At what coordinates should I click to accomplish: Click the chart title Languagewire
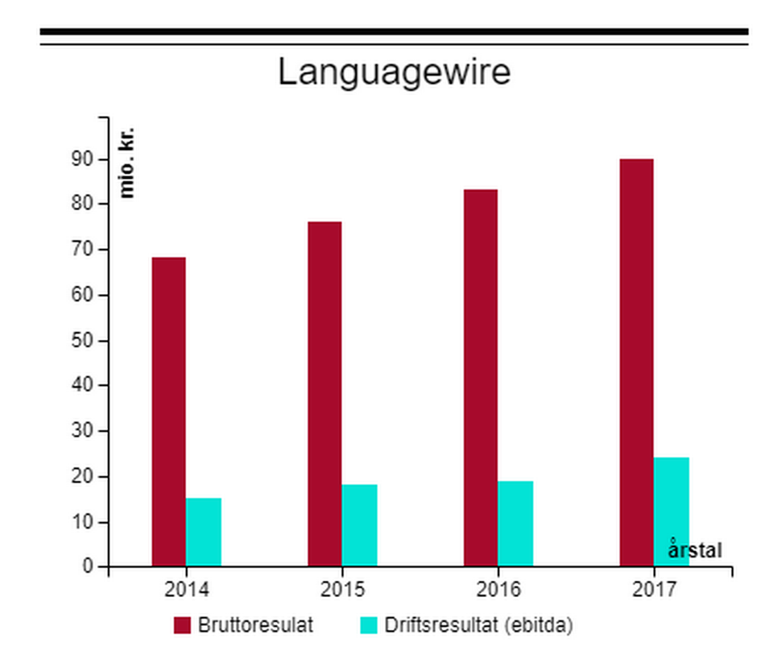394,73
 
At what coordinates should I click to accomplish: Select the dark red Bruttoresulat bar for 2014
168,411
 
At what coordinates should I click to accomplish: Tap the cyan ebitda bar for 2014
203,532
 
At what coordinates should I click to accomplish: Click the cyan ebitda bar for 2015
359,525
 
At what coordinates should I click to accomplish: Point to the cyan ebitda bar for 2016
515,524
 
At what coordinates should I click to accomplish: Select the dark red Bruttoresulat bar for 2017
636,363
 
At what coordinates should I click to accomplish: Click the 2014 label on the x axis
187,590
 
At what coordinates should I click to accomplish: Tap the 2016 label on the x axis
498,590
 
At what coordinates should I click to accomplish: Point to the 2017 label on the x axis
654,590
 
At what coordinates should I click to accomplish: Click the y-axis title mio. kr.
127,163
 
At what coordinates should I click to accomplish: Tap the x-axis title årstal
695,551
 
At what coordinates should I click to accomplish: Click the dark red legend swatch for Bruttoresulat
182,626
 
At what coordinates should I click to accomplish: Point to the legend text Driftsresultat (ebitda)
477,626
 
